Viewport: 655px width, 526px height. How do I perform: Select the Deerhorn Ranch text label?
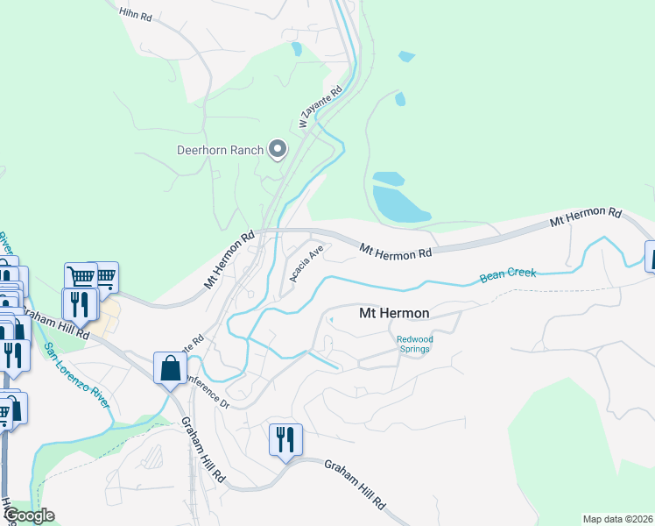point(220,150)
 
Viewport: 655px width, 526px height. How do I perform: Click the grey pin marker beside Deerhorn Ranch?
point(278,150)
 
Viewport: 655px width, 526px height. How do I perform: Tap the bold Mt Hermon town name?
point(394,313)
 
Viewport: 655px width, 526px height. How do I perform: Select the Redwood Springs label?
point(414,344)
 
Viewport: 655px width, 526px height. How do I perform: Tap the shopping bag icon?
point(169,369)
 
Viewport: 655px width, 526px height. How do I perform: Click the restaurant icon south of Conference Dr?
point(285,439)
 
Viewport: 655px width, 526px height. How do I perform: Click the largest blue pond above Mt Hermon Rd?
point(399,203)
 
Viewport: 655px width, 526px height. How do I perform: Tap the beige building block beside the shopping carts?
point(108,316)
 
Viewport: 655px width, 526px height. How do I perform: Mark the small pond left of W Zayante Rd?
point(296,49)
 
